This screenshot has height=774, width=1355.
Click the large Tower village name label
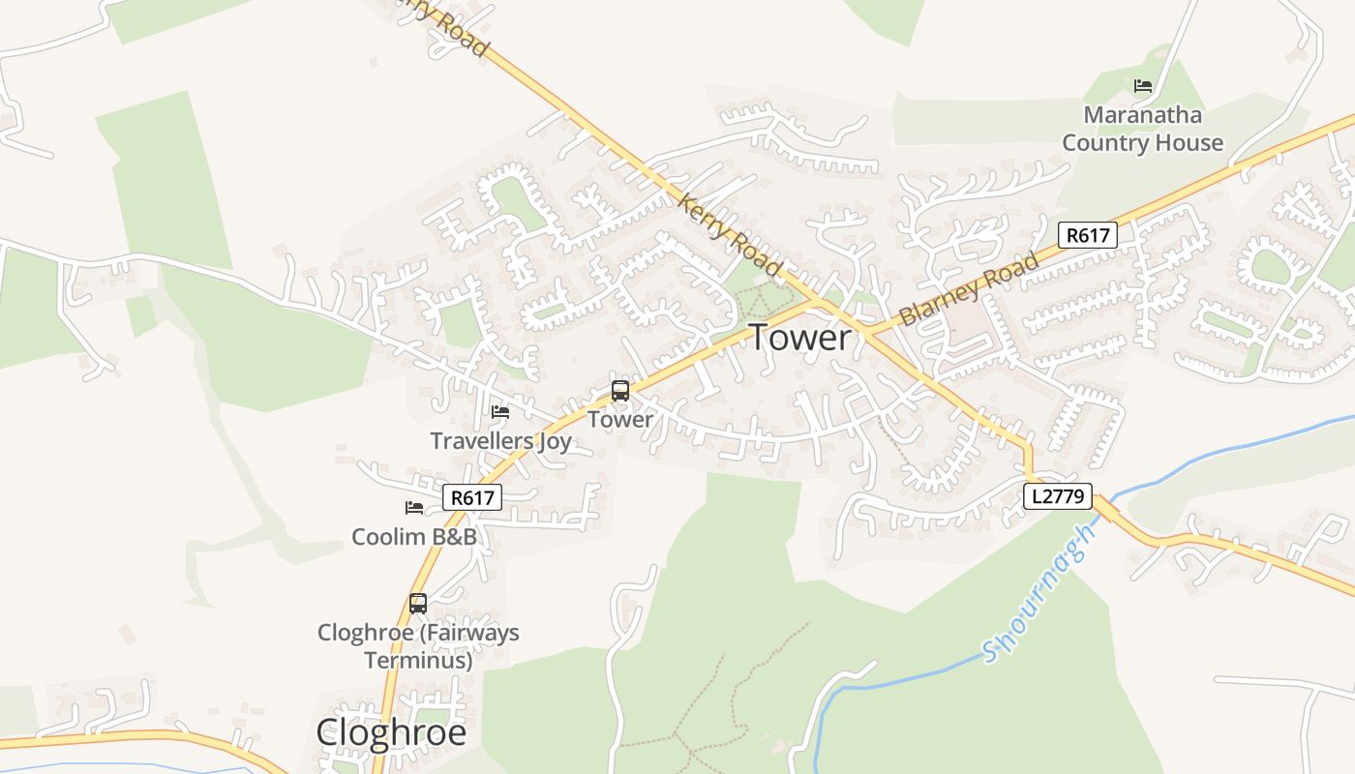pyautogui.click(x=800, y=338)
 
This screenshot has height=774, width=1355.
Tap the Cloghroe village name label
pyautogui.click(x=391, y=732)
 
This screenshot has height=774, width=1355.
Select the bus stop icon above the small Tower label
pyautogui.click(x=620, y=391)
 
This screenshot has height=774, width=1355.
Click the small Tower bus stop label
pyautogui.click(x=620, y=420)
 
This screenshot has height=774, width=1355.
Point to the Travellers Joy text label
pyautogui.click(x=500, y=441)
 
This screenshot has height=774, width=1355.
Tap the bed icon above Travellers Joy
pyautogui.click(x=500, y=412)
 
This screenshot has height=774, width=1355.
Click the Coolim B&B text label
pyautogui.click(x=414, y=536)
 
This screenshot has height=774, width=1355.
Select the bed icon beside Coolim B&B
pyautogui.click(x=414, y=507)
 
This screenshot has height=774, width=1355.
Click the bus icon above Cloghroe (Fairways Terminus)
pyautogui.click(x=418, y=604)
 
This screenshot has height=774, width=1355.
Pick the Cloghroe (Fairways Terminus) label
pyautogui.click(x=418, y=646)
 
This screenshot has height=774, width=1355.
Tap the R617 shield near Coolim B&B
pyautogui.click(x=473, y=498)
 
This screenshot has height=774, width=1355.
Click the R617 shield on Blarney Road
pyautogui.click(x=1088, y=234)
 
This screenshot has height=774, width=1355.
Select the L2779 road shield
pyautogui.click(x=1058, y=497)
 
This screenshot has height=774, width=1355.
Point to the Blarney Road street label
pyautogui.click(x=970, y=288)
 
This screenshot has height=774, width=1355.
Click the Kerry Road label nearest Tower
pyautogui.click(x=730, y=235)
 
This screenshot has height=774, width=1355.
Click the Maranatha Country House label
pyautogui.click(x=1143, y=129)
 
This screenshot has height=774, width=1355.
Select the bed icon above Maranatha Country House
pyautogui.click(x=1143, y=86)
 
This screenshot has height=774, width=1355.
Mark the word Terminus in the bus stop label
pyautogui.click(x=418, y=661)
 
